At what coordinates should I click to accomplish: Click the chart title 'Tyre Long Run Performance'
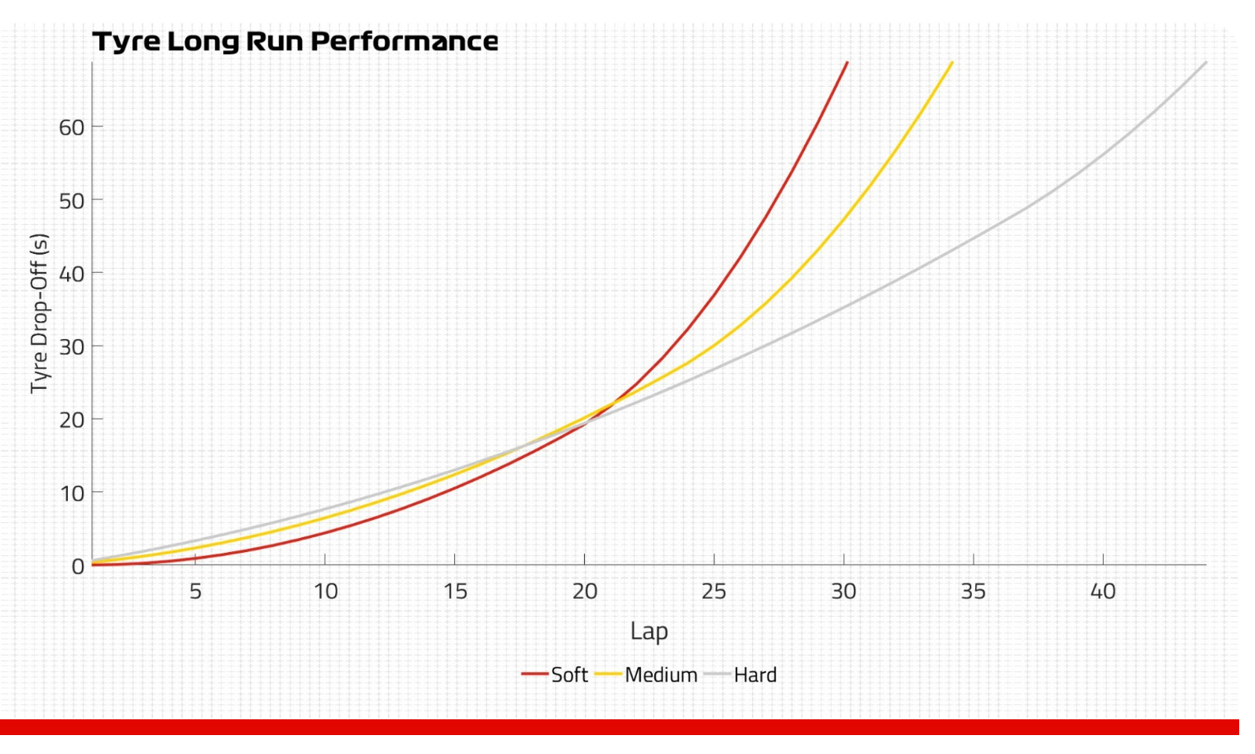tap(295, 41)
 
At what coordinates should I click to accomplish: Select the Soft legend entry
tap(568, 675)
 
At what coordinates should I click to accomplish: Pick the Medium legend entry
tap(661, 675)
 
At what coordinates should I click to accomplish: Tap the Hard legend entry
tap(754, 675)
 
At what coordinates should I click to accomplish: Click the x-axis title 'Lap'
tap(649, 631)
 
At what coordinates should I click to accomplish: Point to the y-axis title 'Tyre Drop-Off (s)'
tap(39, 313)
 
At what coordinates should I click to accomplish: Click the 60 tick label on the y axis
tap(71, 128)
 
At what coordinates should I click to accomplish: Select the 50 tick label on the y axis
tap(71, 201)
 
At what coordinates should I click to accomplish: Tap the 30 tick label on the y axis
tap(71, 347)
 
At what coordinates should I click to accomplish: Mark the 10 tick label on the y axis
tap(71, 494)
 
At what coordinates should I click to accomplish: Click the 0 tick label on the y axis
tap(77, 566)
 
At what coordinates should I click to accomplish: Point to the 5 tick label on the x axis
tap(196, 591)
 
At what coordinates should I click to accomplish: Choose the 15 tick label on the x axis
tap(455, 591)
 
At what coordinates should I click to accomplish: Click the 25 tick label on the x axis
tap(714, 591)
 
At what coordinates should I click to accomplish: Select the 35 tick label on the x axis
tap(973, 591)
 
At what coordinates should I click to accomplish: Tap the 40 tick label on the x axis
tap(1103, 591)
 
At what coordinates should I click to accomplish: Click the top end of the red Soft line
tap(847, 62)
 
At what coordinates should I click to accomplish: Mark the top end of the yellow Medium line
tap(952, 62)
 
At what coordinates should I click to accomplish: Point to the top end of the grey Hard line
tap(1206, 62)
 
